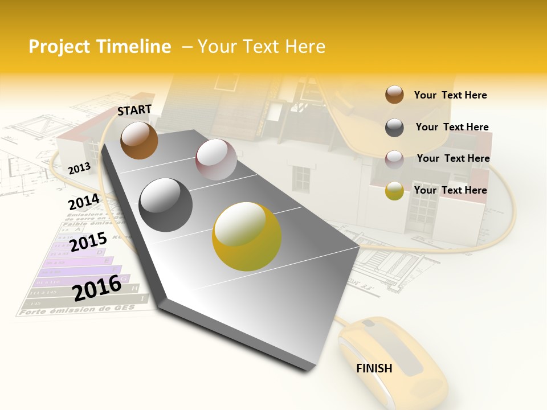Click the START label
[x=134, y=110]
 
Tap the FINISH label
[x=374, y=368]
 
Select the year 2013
[x=79, y=168]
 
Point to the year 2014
[x=84, y=202]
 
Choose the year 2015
[x=88, y=243]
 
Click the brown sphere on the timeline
[x=139, y=140]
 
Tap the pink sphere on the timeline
[x=216, y=159]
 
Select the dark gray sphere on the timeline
[x=166, y=205]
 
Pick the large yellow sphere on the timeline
[x=247, y=236]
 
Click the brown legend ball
[x=394, y=95]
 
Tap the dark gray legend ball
[x=394, y=128]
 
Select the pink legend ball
[x=394, y=159]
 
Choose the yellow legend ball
[x=394, y=191]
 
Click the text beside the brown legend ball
[x=450, y=95]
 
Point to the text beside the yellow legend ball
[x=450, y=190]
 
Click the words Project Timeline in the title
[x=100, y=47]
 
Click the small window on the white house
[x=301, y=178]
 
